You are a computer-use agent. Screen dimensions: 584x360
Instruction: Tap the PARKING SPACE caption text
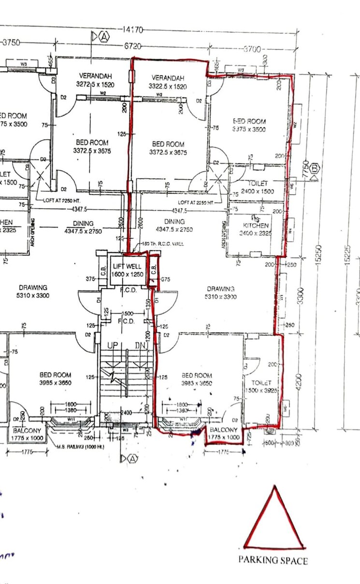pos(273,560)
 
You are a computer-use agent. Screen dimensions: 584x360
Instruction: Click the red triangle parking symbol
pos(274,519)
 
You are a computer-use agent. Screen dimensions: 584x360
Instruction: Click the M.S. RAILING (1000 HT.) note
pos(80,447)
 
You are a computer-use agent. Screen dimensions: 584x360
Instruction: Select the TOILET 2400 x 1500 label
pos(257,187)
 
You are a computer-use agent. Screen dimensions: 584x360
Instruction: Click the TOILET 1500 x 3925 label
pos(261,386)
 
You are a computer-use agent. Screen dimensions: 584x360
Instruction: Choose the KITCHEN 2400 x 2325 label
pos(256,229)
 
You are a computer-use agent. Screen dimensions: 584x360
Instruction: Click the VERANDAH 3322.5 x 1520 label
pos(168,82)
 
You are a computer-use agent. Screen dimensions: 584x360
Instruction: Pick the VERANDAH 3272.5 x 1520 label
pos(95,80)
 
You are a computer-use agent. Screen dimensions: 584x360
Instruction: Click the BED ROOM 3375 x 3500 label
pos(249,125)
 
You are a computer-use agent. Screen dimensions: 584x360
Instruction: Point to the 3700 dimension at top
pos(252,49)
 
